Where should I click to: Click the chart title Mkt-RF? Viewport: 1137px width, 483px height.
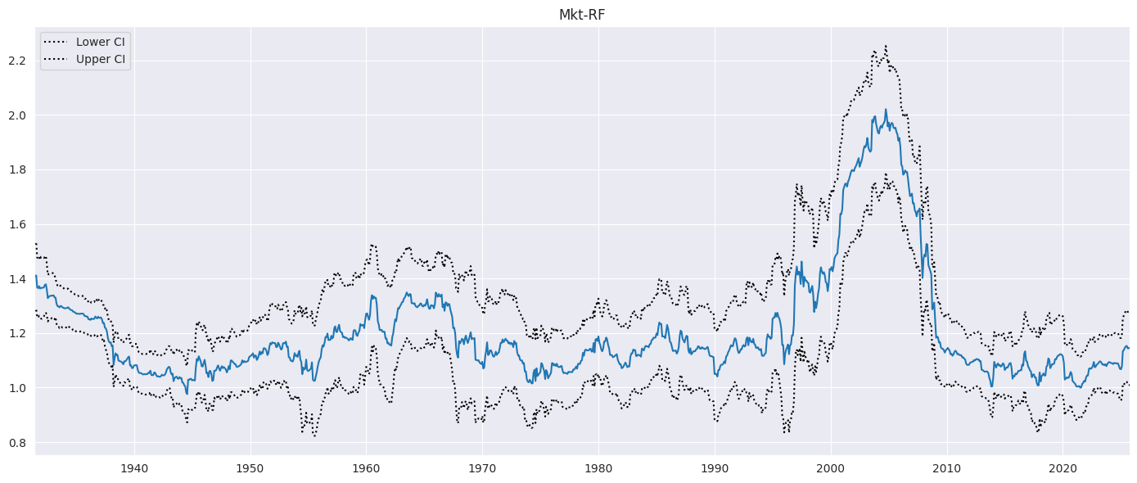click(x=582, y=15)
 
